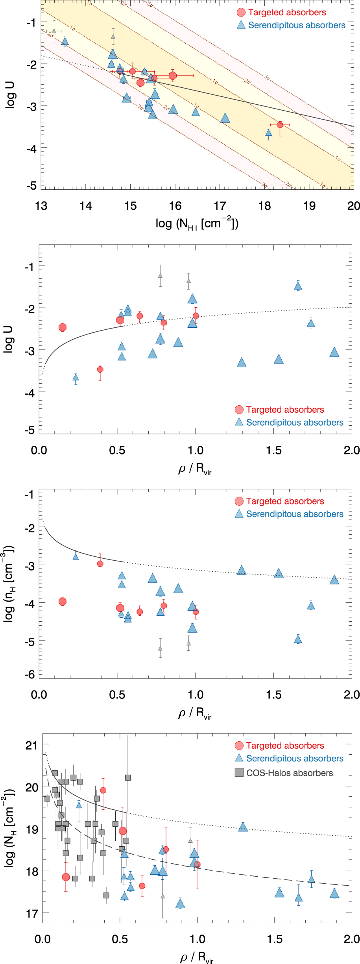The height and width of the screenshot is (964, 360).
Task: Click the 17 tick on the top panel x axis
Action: click(x=220, y=206)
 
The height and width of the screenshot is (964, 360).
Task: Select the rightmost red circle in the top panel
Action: click(x=280, y=125)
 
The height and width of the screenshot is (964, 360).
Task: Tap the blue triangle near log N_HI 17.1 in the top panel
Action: click(x=225, y=118)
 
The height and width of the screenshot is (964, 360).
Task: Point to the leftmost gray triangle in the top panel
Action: click(x=54, y=31)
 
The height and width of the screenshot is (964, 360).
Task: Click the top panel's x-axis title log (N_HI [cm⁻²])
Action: click(x=197, y=223)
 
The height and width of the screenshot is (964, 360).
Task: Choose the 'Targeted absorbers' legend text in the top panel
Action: click(x=287, y=13)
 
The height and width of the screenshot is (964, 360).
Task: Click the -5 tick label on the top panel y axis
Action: click(x=31, y=186)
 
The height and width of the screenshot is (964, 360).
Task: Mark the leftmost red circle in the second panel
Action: click(x=62, y=327)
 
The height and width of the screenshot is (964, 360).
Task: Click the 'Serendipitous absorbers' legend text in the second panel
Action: click(x=295, y=423)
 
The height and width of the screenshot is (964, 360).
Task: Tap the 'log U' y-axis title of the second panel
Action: click(x=9, y=339)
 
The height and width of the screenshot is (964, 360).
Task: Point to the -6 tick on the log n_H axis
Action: click(x=30, y=674)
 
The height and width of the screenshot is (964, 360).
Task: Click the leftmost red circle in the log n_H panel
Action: click(x=62, y=601)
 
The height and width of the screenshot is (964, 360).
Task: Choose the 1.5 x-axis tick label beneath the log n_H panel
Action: click(x=273, y=694)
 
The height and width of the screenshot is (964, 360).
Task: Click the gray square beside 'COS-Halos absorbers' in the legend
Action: click(x=239, y=772)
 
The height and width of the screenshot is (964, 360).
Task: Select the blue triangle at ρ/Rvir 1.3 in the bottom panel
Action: click(x=243, y=827)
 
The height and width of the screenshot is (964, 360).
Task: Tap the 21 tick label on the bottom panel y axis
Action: click(x=31, y=745)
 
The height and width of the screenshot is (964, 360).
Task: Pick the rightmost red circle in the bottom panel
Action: click(x=198, y=864)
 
